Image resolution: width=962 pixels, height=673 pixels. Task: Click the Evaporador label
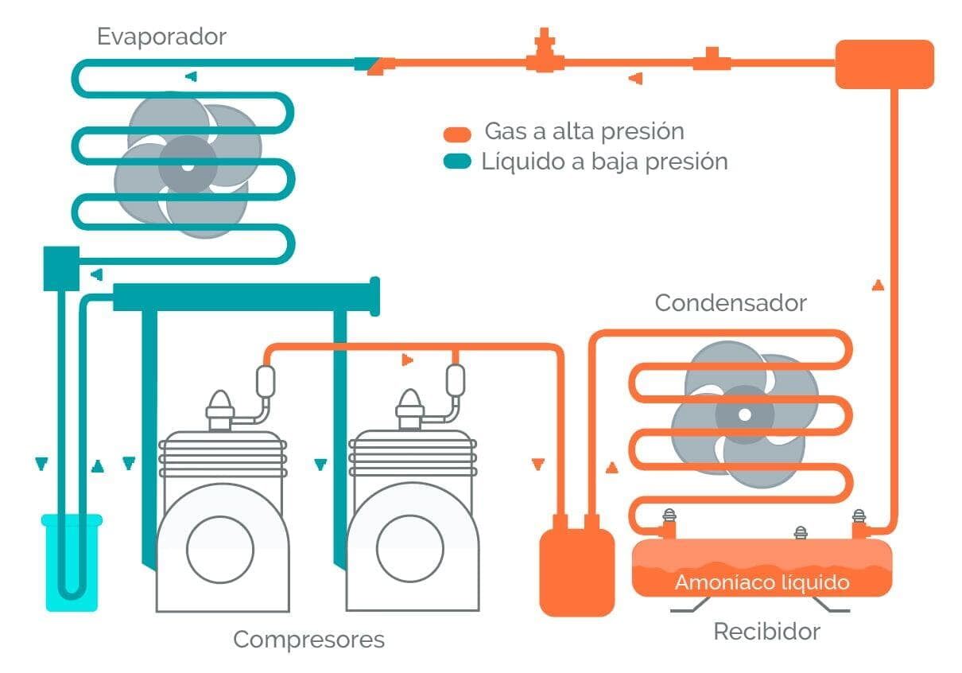point(161,37)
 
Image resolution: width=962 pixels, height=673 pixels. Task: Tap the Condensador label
point(730,303)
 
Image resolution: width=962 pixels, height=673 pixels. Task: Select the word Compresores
point(308,640)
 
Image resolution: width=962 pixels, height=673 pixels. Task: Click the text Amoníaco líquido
point(762,582)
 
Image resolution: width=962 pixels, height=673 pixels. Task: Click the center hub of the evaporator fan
point(187,167)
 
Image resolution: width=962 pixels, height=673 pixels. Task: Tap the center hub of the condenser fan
point(744,414)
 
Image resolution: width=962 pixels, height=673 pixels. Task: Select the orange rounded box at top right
point(884,64)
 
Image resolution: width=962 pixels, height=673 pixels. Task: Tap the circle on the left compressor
point(220,548)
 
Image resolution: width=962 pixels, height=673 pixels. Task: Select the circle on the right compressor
point(409,548)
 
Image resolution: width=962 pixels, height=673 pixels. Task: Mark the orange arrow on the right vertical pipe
point(878,285)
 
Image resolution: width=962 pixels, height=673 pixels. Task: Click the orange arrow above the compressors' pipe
point(407,360)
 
